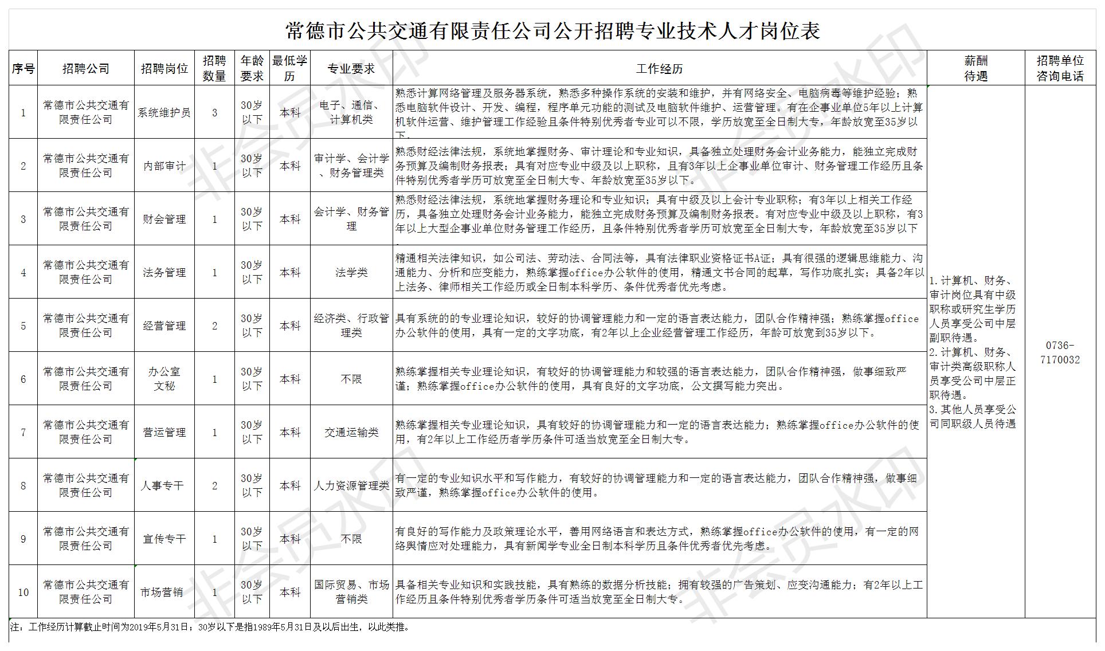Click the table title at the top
552,30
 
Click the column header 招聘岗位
164,69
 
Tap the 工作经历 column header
659,69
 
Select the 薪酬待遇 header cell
975,69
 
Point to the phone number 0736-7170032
1060,353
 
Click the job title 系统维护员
164,113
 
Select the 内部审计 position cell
164,166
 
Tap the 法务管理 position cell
164,273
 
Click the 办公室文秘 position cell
164,379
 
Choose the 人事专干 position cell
163,486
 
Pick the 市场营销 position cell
162,592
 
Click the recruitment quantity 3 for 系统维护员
215,113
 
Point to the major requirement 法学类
351,273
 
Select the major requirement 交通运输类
351,433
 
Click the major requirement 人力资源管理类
351,486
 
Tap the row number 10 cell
23,592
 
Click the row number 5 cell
23,326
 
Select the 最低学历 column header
290,69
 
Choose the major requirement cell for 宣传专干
351,539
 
